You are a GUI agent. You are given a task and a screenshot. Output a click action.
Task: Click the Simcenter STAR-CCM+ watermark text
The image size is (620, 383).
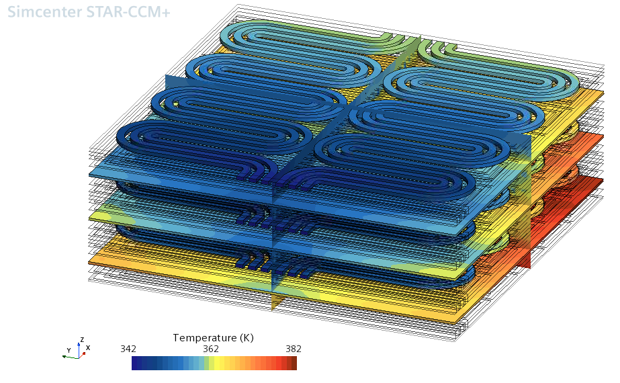pyautogui.click(x=89, y=12)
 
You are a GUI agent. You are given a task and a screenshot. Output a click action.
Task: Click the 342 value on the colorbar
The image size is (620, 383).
pyautogui.click(x=128, y=349)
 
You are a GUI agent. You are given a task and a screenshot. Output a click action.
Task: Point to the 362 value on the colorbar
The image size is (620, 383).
pyautogui.click(x=211, y=349)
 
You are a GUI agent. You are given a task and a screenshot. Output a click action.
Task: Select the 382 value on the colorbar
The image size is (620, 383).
pyautogui.click(x=294, y=349)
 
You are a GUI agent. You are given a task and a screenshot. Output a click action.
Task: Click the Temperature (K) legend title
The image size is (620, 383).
pyautogui.click(x=213, y=338)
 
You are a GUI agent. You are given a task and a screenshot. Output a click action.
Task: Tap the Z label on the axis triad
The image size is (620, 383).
pyautogui.click(x=82, y=339)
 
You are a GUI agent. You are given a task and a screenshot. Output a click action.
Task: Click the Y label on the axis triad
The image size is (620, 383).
pyautogui.click(x=69, y=350)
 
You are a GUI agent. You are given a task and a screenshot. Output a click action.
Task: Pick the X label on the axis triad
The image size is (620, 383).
pyautogui.click(x=88, y=348)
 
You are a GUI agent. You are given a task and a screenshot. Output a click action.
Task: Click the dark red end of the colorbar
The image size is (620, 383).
pyautogui.click(x=293, y=364)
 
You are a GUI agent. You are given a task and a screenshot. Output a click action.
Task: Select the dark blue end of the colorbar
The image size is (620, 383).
pyautogui.click(x=135, y=364)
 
